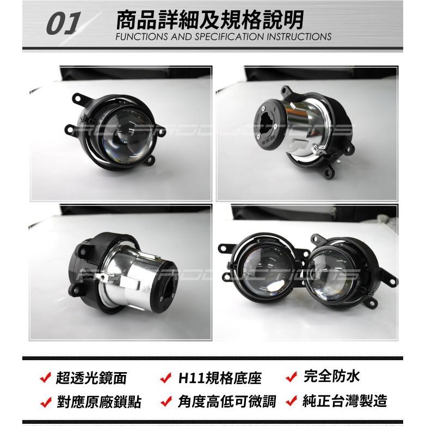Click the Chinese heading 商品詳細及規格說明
pyautogui.click(x=209, y=19)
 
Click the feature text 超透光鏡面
pyautogui.click(x=87, y=378)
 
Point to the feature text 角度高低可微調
pyautogui.click(x=226, y=402)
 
